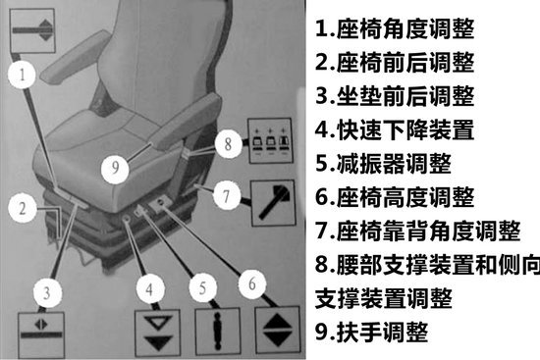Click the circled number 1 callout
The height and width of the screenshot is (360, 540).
(x=22, y=75)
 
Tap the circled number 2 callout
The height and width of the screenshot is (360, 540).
(x=23, y=208)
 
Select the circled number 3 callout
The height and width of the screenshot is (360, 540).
(x=47, y=292)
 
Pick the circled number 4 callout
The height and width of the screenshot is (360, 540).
(x=150, y=289)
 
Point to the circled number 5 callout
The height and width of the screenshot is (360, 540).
(x=203, y=287)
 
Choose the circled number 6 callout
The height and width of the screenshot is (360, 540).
(x=252, y=283)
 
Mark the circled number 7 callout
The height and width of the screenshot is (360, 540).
(x=226, y=196)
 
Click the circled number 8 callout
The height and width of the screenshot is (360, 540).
(x=228, y=144)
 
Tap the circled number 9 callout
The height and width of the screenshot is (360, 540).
(x=115, y=168)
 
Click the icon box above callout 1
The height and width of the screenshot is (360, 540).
(x=32, y=30)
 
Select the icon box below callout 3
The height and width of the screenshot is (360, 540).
(x=41, y=334)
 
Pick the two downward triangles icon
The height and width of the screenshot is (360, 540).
(x=157, y=333)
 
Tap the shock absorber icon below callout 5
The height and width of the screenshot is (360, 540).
(x=218, y=332)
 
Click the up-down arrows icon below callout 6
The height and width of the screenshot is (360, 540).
(x=278, y=330)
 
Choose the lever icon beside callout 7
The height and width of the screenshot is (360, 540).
(x=273, y=203)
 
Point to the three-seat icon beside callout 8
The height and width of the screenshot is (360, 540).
(x=270, y=140)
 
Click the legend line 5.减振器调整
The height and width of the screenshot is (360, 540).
(x=383, y=164)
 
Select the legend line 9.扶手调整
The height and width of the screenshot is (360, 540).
(x=371, y=333)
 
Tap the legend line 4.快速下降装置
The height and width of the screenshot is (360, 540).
(x=395, y=129)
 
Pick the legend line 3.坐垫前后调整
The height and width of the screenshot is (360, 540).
(x=395, y=96)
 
